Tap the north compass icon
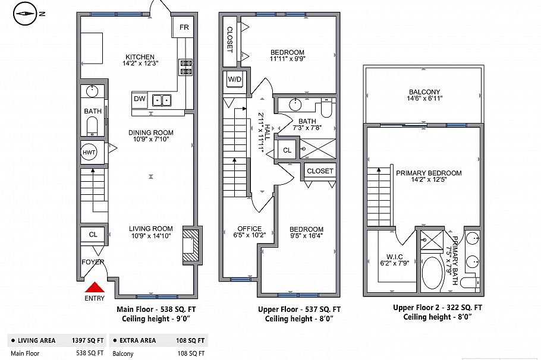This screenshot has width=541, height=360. [26, 15]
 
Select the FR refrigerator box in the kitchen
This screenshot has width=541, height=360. [184, 27]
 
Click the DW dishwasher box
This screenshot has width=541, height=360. [139, 99]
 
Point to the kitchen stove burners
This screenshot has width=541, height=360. [186, 67]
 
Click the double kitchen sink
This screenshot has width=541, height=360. [161, 100]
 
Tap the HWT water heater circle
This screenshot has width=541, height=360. [89, 152]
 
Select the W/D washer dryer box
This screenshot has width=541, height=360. [233, 80]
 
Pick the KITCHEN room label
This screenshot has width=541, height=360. [139, 57]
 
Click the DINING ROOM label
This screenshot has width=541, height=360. [151, 132]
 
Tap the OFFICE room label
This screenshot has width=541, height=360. [249, 229]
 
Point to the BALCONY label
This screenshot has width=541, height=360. [424, 92]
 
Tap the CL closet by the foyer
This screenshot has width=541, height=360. [93, 234]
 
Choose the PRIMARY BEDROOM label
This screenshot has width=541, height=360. [428, 173]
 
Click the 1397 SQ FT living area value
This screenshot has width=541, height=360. [86, 340]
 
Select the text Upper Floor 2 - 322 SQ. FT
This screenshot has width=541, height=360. [437, 307]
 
